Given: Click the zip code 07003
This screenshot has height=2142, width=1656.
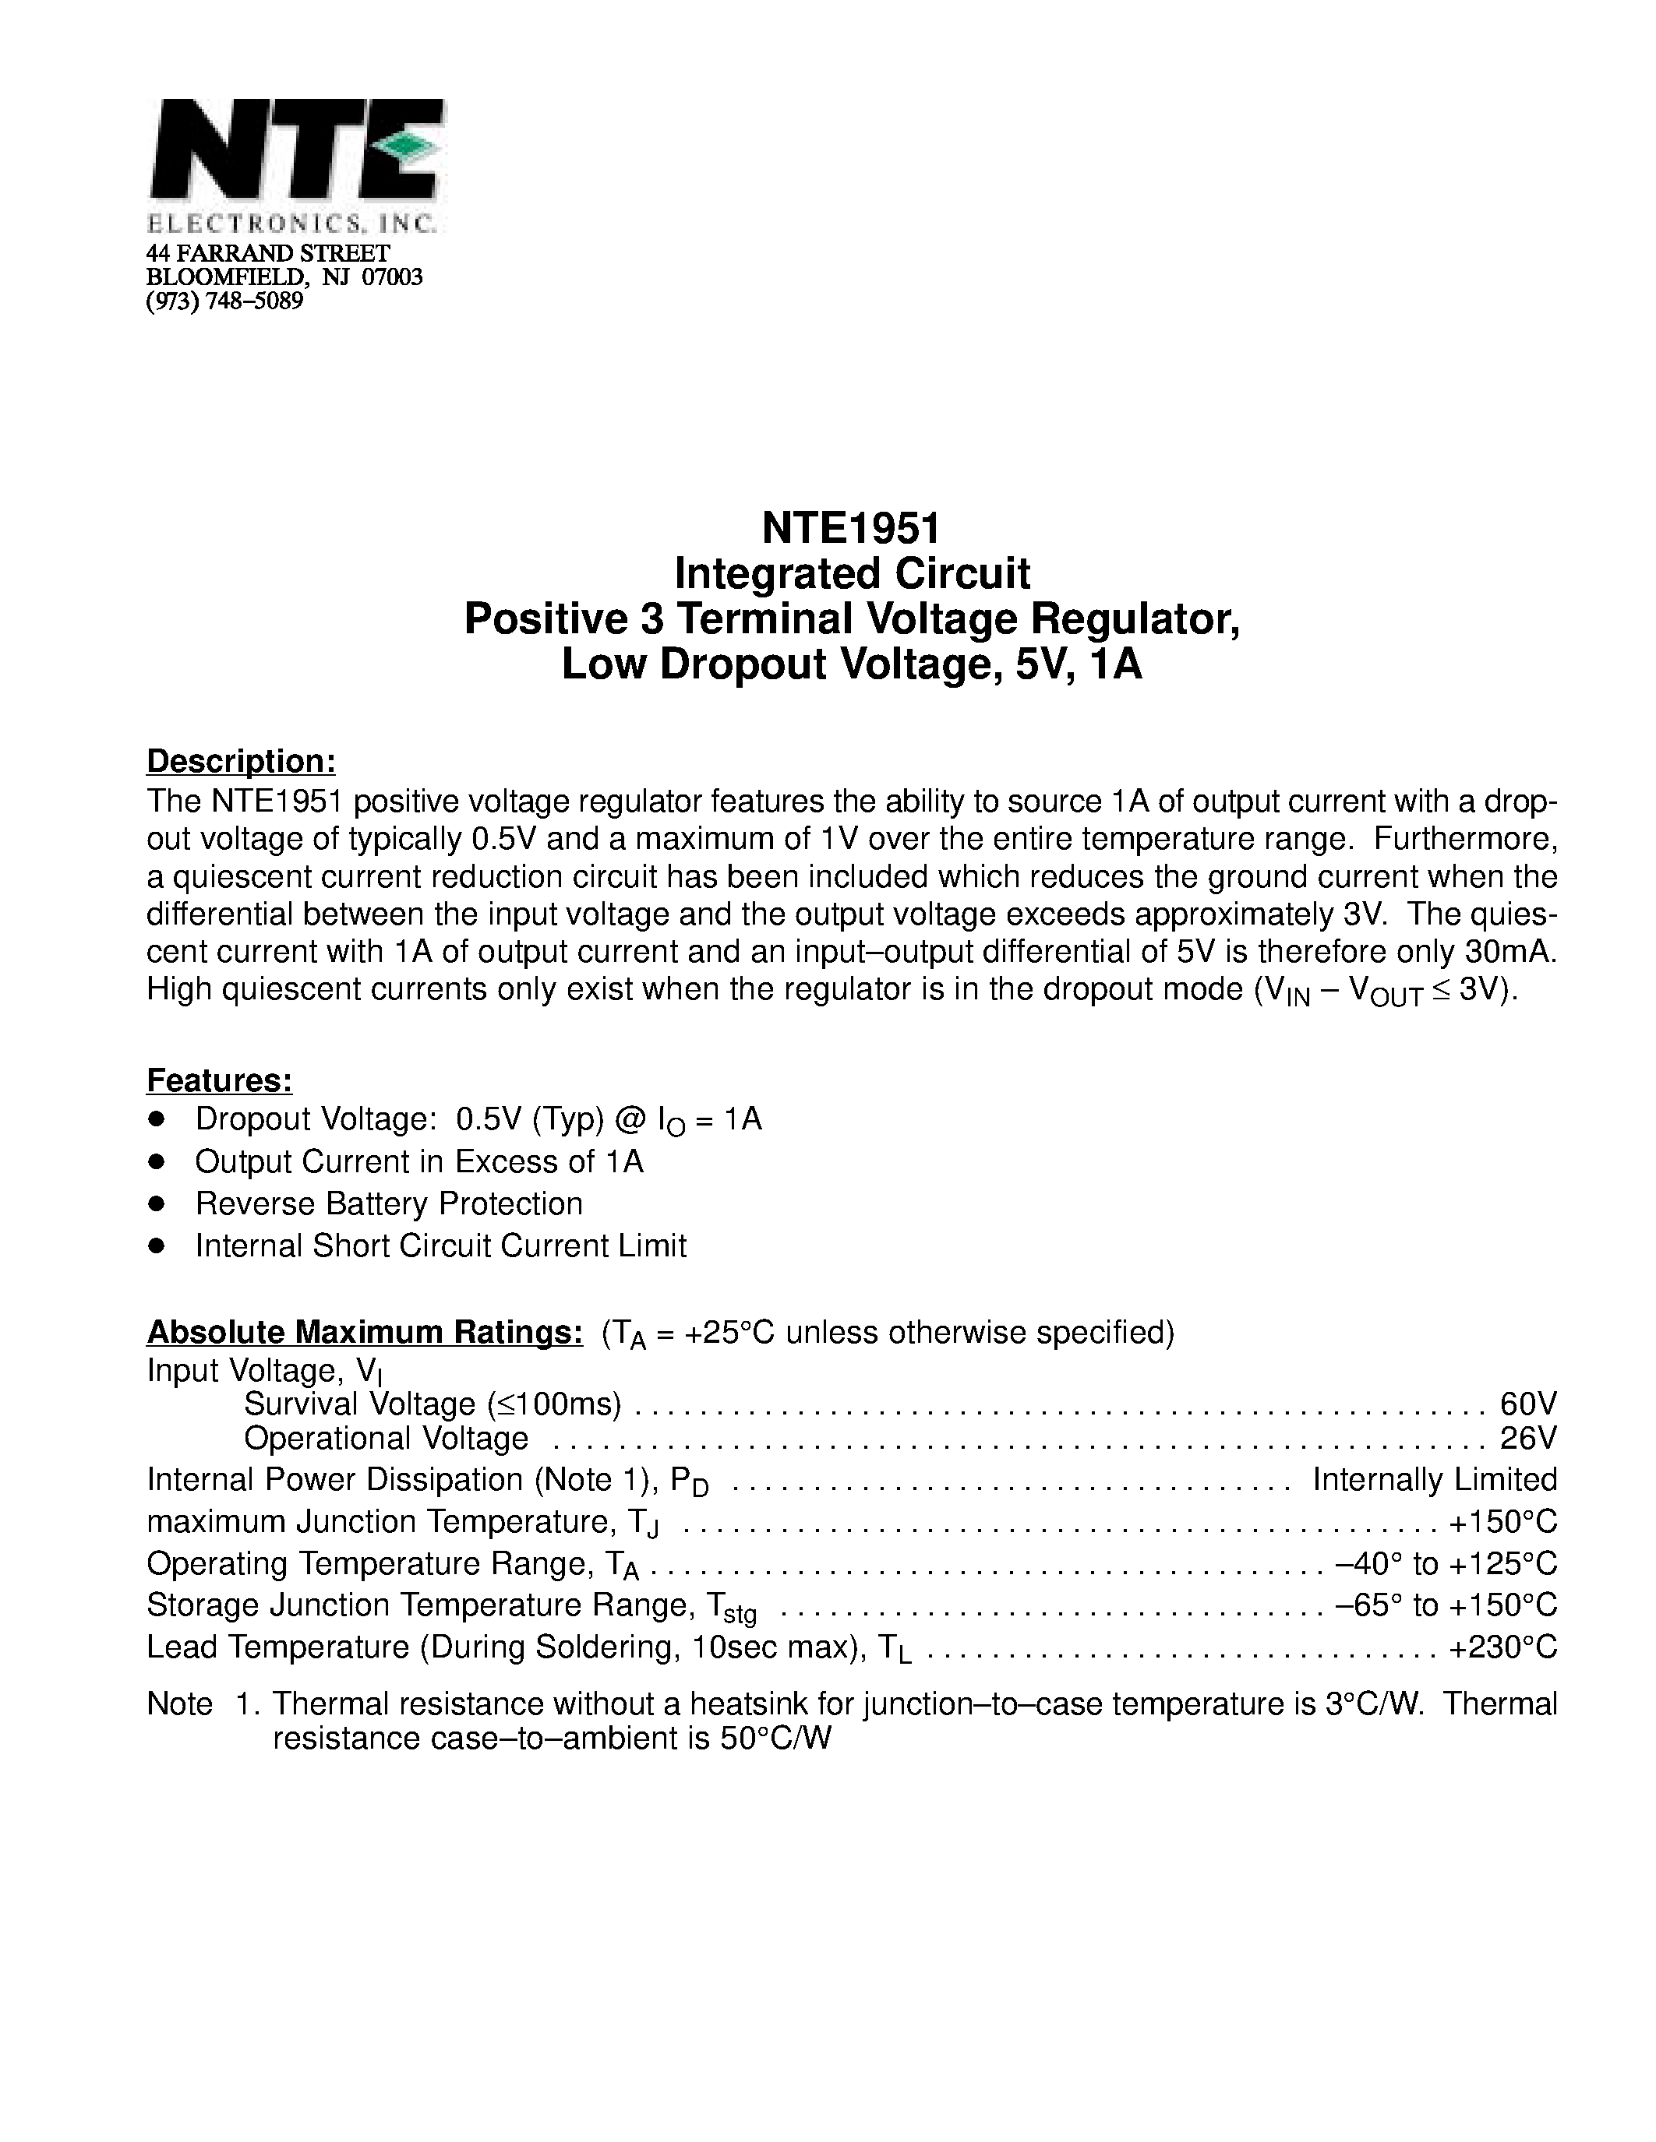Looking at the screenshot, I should coord(393,277).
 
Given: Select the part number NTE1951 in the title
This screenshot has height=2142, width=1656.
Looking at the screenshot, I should coord(850,529).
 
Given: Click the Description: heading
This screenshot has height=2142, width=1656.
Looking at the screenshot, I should coord(240,761).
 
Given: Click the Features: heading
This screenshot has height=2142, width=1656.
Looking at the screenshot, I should coord(219,1080).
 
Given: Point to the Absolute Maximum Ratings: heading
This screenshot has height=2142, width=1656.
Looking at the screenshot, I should coord(364,1332).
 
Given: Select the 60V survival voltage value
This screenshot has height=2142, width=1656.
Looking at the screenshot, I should coord(1527,1404).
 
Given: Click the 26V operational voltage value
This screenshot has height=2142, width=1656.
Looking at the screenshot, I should coord(1527,1438).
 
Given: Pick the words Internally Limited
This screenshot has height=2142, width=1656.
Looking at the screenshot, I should coord(1434,1479).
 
